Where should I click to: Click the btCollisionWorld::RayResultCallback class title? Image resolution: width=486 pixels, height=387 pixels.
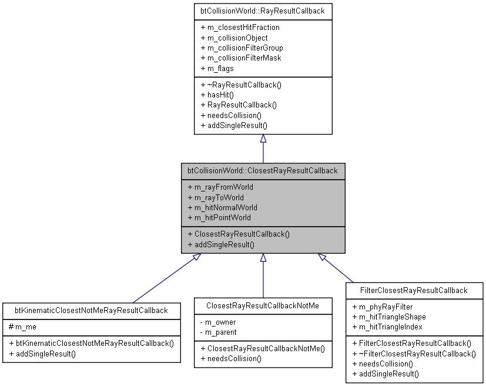coord(263,11)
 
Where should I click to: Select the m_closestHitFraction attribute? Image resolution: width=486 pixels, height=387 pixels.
coord(240,28)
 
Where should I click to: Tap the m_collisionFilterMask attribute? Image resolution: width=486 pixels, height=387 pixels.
coord(241,58)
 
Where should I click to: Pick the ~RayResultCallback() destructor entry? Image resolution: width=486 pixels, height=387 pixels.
coord(241,85)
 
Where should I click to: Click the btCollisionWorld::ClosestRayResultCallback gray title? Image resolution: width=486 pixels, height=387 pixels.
coord(263,171)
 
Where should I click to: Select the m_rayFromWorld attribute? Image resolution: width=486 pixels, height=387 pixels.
coord(220,187)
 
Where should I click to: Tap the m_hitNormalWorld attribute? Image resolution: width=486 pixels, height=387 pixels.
coord(222,207)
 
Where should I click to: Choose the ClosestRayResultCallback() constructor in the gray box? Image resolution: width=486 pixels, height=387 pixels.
coord(239,234)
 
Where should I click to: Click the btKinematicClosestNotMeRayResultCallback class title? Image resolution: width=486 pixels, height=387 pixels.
coord(91,310)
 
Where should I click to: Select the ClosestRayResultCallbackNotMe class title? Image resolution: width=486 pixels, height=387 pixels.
coord(263,306)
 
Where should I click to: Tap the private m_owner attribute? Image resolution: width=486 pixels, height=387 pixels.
coord(219,322)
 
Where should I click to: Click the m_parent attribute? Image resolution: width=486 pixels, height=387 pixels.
coord(219,332)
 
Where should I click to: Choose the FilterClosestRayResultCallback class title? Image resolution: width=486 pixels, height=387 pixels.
coord(415,290)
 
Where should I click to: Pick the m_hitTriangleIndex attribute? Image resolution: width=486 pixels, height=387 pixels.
coord(388,327)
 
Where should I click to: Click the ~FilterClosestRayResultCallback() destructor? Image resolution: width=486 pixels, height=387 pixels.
coord(414,354)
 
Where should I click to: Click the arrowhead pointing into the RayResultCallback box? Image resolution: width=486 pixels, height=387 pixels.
coord(263,139)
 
